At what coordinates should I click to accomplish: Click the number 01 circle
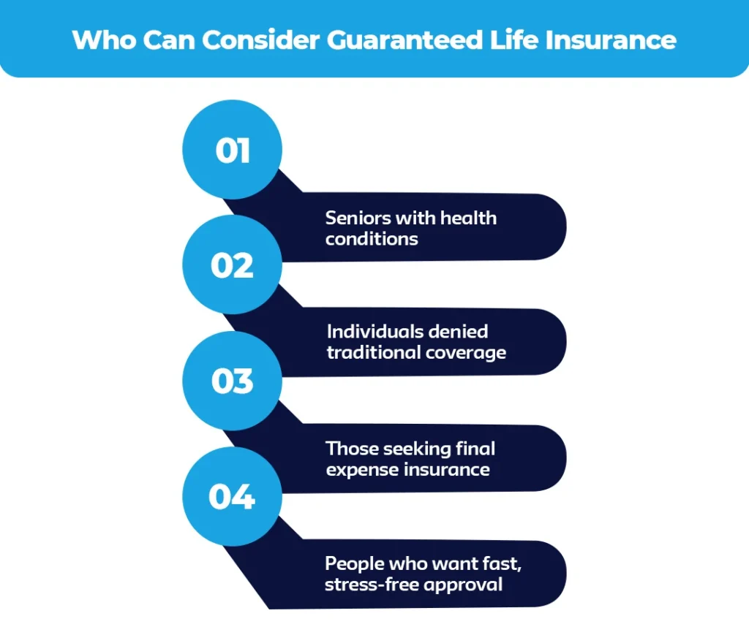click(232, 150)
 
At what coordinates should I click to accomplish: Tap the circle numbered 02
click(232, 265)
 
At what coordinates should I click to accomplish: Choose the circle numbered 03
click(232, 381)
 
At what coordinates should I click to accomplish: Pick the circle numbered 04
click(232, 497)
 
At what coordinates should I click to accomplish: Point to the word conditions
click(372, 238)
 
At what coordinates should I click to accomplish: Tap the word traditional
click(372, 352)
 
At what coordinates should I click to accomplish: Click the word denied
click(460, 331)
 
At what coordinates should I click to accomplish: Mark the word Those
click(350, 447)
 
